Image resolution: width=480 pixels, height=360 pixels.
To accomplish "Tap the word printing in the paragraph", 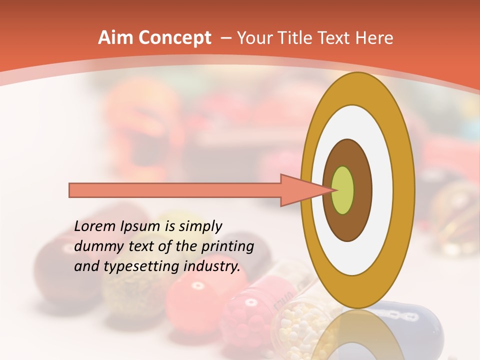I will pyautogui.click(x=227, y=246).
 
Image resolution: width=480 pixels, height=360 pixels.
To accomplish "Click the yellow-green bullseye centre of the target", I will pyautogui.click(x=343, y=190).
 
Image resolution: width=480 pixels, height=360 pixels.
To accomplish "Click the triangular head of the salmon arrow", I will pyautogui.click(x=300, y=190).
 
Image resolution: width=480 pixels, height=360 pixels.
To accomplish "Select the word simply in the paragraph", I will pyautogui.click(x=200, y=226).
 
